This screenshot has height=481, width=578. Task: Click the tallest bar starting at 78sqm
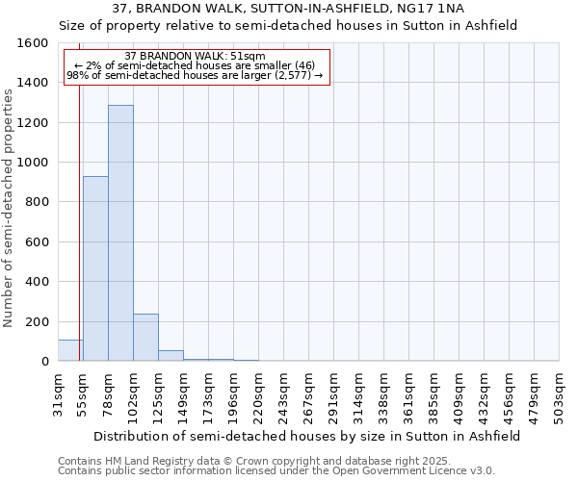(120, 233)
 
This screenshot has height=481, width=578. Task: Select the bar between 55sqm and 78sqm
(95, 268)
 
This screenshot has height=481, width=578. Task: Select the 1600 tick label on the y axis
(32, 43)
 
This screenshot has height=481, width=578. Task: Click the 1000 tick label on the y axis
(32, 163)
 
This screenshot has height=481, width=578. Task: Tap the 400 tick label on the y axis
(36, 282)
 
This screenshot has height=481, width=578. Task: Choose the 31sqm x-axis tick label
(58, 393)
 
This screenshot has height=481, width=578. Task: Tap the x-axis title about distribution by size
(308, 436)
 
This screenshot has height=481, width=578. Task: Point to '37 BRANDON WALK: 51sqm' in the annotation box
(196, 57)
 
